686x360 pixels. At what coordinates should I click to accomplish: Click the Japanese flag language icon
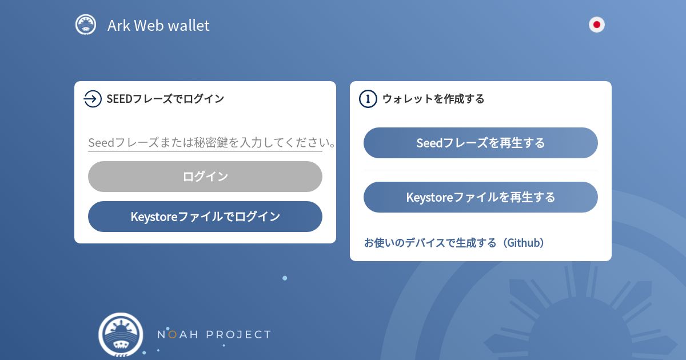(597, 25)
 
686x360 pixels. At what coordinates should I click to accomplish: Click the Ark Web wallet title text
(158, 25)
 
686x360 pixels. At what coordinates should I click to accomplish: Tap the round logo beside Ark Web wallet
(86, 25)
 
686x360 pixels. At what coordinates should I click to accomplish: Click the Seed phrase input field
(205, 143)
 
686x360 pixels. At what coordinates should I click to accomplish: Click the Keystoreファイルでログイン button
(205, 217)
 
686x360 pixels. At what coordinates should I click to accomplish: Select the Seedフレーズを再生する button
(481, 143)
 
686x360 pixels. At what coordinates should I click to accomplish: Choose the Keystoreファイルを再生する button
(481, 197)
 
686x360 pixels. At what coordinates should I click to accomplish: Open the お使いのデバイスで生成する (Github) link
(454, 243)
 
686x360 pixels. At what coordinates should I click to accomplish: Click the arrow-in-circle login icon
(93, 99)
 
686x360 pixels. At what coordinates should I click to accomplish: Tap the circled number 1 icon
(368, 99)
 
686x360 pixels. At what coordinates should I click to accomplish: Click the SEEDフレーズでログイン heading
(165, 99)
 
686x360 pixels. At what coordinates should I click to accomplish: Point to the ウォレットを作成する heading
(433, 99)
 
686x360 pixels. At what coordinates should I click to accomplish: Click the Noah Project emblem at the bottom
(121, 335)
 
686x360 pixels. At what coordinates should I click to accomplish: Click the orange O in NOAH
(173, 335)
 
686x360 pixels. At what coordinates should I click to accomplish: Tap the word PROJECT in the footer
(238, 335)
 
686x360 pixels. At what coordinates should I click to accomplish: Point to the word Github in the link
(524, 243)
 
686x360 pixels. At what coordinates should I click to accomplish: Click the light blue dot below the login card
(285, 278)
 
